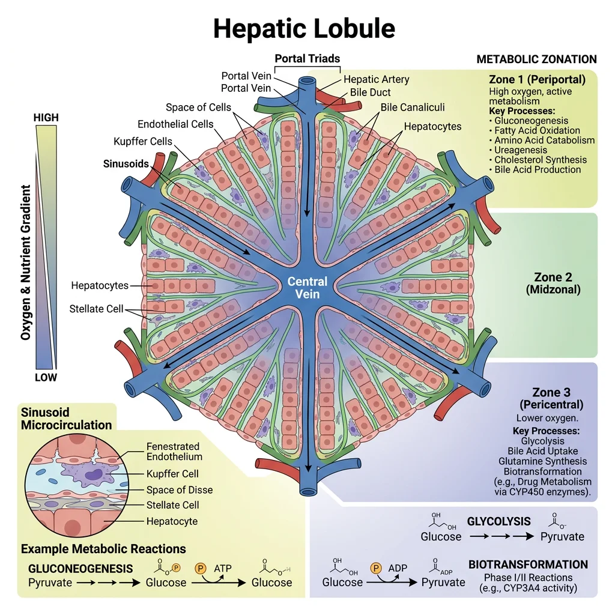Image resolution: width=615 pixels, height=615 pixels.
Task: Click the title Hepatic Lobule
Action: [304, 28]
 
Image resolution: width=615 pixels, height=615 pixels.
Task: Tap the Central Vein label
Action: [307, 288]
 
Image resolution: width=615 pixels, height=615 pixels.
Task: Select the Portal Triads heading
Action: [307, 59]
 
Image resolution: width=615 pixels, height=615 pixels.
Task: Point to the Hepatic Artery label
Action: [376, 79]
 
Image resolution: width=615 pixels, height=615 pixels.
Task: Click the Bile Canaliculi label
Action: [413, 108]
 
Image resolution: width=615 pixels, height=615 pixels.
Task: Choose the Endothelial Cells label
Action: [175, 124]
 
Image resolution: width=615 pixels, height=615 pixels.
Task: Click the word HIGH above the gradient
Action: [46, 118]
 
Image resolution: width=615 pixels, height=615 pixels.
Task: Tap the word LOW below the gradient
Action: [46, 377]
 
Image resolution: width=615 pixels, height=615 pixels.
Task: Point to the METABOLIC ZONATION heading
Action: [536, 59]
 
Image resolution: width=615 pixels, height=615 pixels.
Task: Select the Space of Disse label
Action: [179, 489]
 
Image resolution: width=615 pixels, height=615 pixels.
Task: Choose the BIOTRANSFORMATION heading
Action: [527, 565]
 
